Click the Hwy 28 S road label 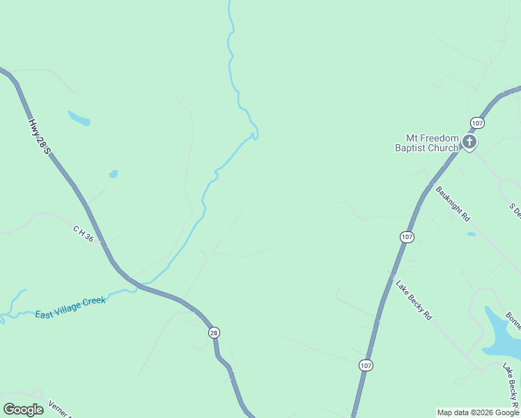coord(40,136)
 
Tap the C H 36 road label coord(83,233)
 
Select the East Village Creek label coord(70,307)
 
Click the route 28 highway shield coord(214,333)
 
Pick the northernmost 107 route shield coord(476,123)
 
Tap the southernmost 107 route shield coord(366,365)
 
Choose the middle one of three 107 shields coord(407,237)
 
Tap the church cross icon coord(469,143)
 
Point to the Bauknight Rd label coord(453,203)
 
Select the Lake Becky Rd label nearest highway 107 coord(414,300)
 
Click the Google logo coord(24,410)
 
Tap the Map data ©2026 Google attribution coord(478,412)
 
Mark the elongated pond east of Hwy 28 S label coord(79,118)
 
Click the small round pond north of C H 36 coord(114,174)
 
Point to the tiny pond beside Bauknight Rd coord(472,234)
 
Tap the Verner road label coord(59,409)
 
